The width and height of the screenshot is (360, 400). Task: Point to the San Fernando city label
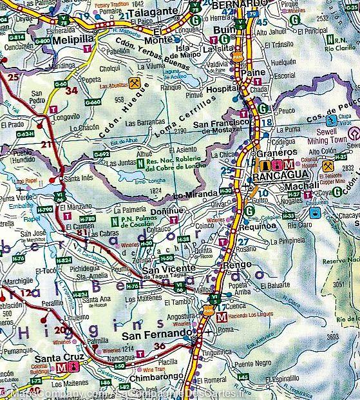tap(157, 335)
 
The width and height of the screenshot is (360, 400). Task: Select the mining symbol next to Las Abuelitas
tap(134, 82)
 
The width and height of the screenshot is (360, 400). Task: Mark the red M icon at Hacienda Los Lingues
tap(222, 317)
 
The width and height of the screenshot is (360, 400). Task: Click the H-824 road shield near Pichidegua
tap(64, 260)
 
